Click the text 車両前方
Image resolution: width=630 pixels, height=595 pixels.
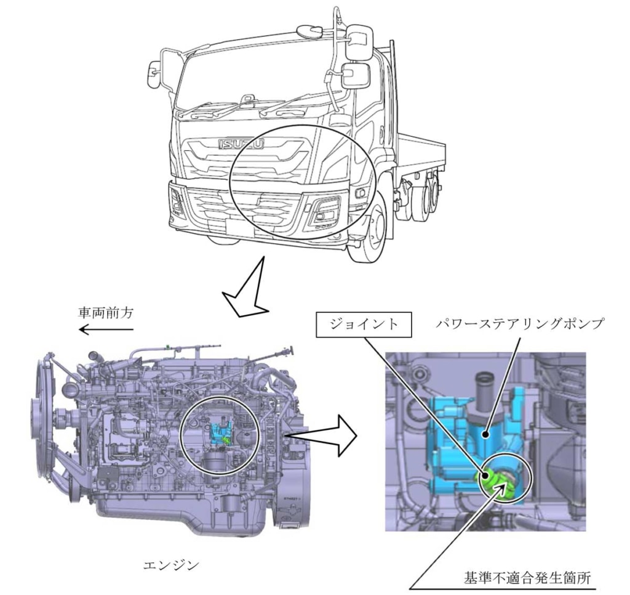[105, 313]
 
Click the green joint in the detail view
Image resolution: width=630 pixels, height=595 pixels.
[492, 480]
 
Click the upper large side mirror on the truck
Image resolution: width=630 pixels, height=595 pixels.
[359, 42]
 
